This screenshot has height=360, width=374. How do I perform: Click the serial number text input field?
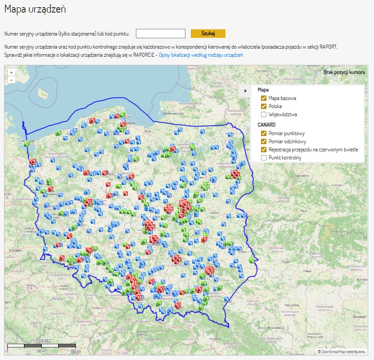click(161, 34)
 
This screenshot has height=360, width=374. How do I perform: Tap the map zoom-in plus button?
click(11, 72)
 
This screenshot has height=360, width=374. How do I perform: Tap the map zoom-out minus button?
click(11, 80)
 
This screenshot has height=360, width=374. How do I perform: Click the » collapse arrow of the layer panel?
click(245, 90)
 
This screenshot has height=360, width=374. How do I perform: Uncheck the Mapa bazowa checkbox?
click(264, 98)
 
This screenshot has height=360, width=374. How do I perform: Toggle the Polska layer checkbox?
click(264, 106)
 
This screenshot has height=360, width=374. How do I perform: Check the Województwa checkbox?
click(264, 114)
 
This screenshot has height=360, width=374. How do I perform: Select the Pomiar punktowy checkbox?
click(264, 133)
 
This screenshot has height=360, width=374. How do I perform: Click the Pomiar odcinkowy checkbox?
click(264, 141)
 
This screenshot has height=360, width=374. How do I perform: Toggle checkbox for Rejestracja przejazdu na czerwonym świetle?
click(264, 150)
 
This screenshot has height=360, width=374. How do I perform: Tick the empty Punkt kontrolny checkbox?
click(264, 158)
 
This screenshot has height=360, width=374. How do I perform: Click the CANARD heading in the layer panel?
click(266, 125)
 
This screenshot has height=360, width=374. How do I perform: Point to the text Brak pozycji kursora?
click(344, 72)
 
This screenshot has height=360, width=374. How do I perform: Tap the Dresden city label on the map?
click(15, 249)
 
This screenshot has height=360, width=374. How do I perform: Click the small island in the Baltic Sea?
click(44, 93)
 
